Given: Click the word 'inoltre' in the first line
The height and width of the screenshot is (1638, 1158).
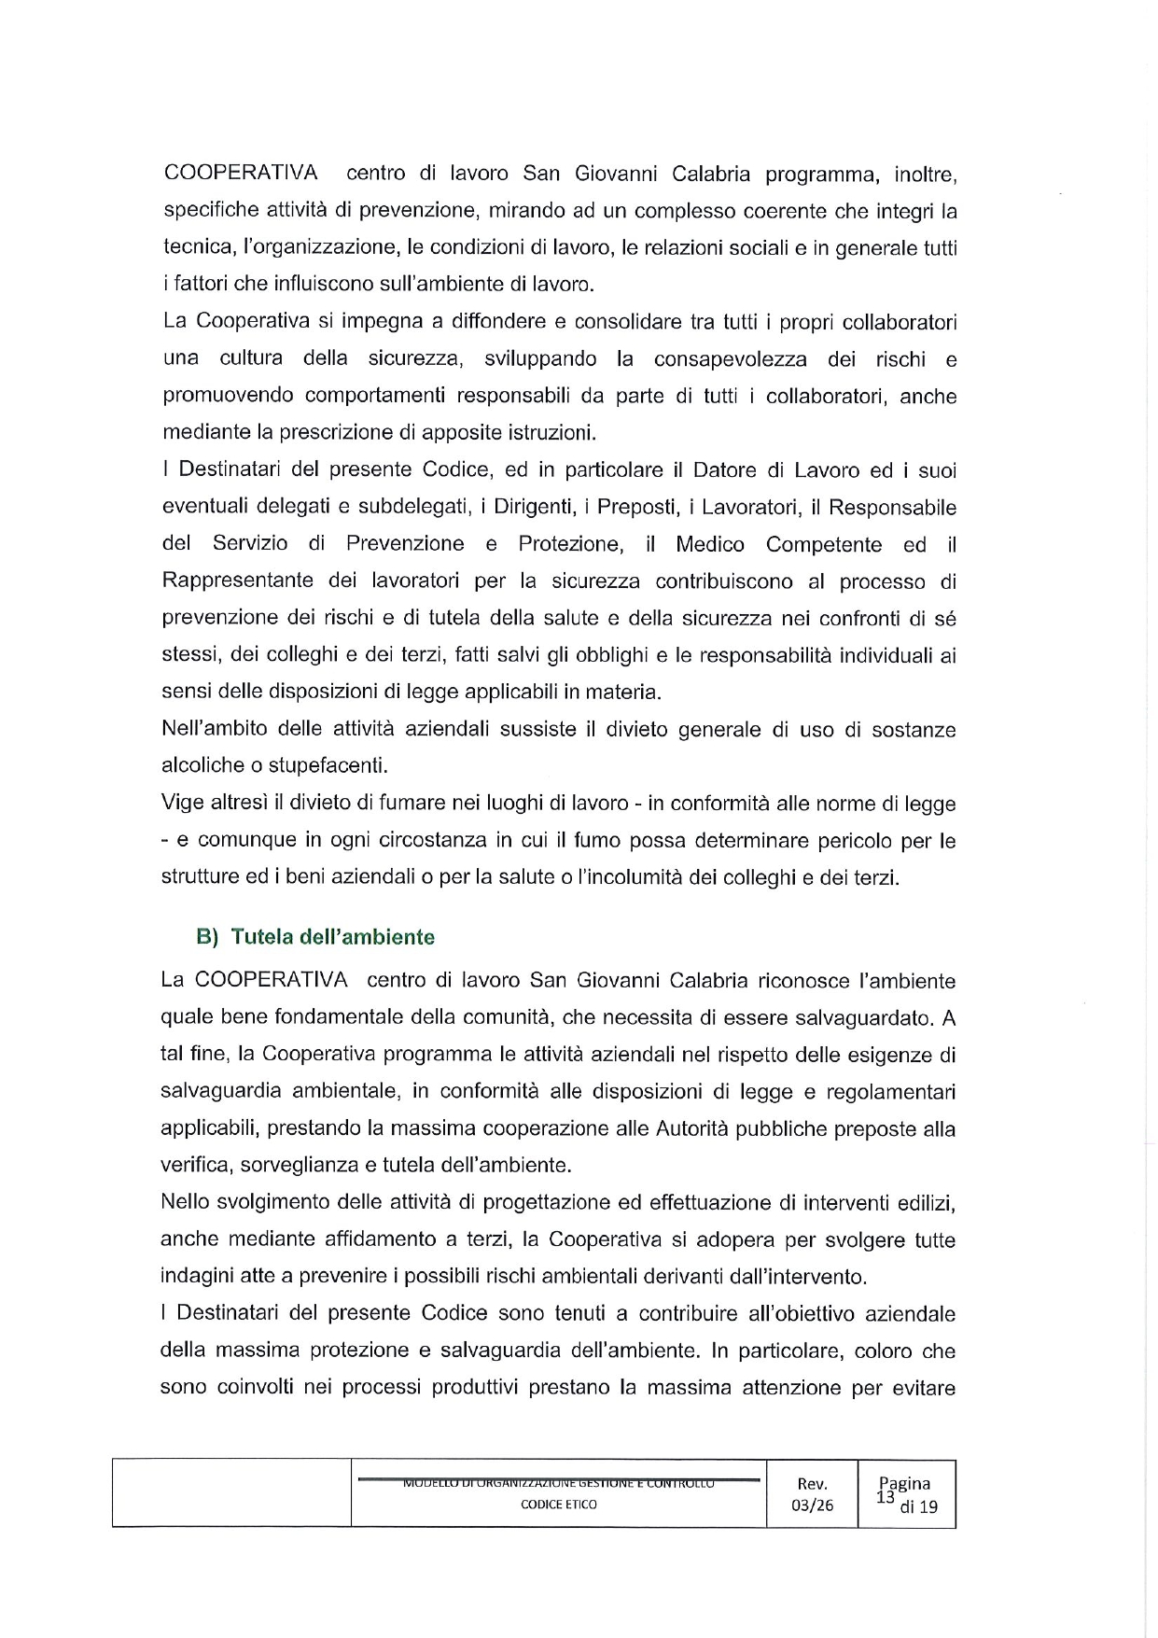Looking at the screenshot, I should tap(923, 175).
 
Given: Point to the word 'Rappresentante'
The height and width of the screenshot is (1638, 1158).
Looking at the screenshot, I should tap(238, 581).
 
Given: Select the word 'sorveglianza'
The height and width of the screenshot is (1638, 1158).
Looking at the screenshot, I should tap(297, 1166).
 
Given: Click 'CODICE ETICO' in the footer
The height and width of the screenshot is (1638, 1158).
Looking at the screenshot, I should tap(559, 1505).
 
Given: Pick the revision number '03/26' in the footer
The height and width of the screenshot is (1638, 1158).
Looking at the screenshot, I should tap(812, 1505).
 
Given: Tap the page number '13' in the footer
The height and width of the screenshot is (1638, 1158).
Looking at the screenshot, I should tap(886, 1497).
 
